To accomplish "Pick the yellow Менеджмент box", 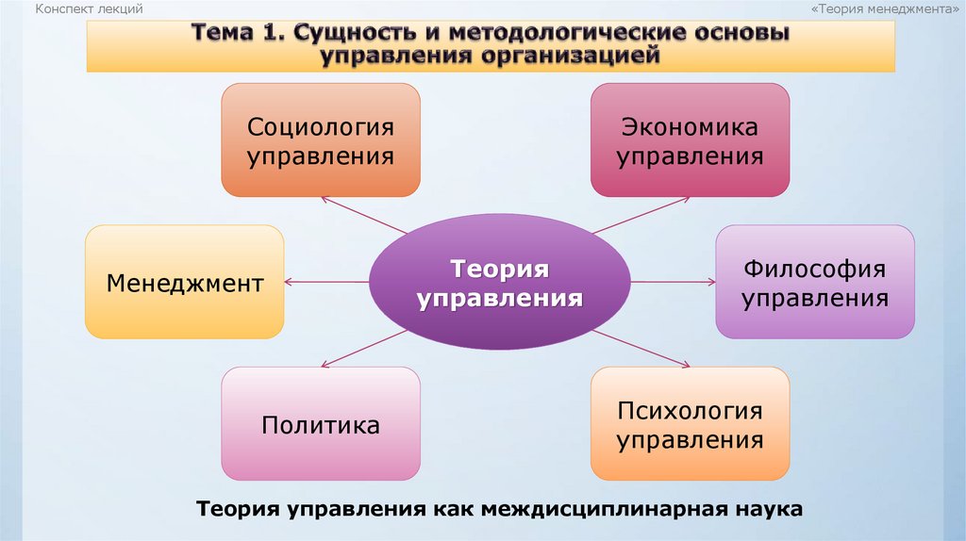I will click(184, 282).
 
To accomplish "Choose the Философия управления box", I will click(814, 282).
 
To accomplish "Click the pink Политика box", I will click(321, 424).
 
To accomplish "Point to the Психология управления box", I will click(690, 424).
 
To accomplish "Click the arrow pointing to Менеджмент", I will click(325, 282).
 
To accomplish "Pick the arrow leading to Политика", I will click(363, 350).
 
